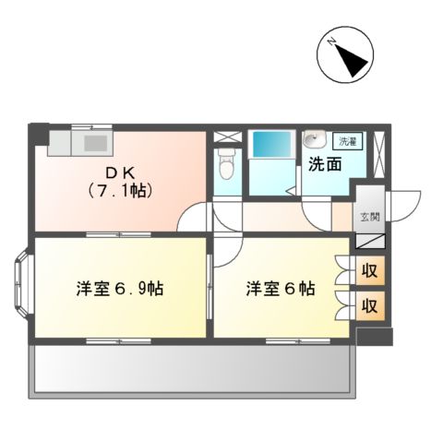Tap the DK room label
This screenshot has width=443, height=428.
click(118, 172)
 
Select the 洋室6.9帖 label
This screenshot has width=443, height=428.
click(120, 288)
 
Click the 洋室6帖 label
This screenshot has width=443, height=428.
click(280, 288)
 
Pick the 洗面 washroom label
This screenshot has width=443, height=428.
click(325, 165)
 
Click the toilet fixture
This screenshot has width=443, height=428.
click(227, 166)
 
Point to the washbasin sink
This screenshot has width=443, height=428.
click(314, 141)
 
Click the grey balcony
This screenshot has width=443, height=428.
click(194, 369)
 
